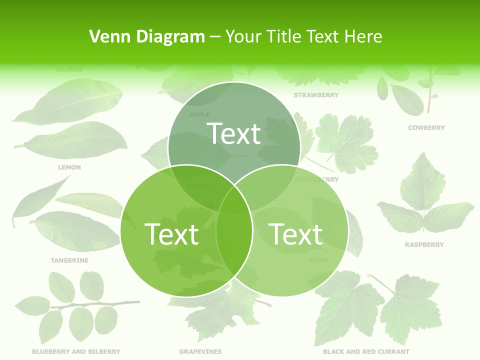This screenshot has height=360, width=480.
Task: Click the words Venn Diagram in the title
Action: (147, 36)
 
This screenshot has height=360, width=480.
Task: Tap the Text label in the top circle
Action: (234, 134)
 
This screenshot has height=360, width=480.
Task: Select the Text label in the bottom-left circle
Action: (171, 234)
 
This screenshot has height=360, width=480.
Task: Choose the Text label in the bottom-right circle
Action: (295, 234)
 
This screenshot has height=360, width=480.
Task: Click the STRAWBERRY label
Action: (316, 95)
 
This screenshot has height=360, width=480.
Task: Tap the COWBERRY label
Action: (426, 128)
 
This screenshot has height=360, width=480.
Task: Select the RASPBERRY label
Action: (424, 245)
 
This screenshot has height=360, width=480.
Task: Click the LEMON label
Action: (69, 167)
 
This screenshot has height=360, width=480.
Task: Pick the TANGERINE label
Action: (69, 260)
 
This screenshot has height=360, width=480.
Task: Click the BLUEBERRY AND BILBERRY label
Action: (76, 352)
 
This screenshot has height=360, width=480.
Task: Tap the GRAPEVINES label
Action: (200, 352)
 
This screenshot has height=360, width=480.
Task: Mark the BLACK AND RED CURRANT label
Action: (366, 352)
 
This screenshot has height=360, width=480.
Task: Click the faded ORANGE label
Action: (69, 69)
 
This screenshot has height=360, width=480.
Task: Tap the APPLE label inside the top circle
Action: (199, 115)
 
